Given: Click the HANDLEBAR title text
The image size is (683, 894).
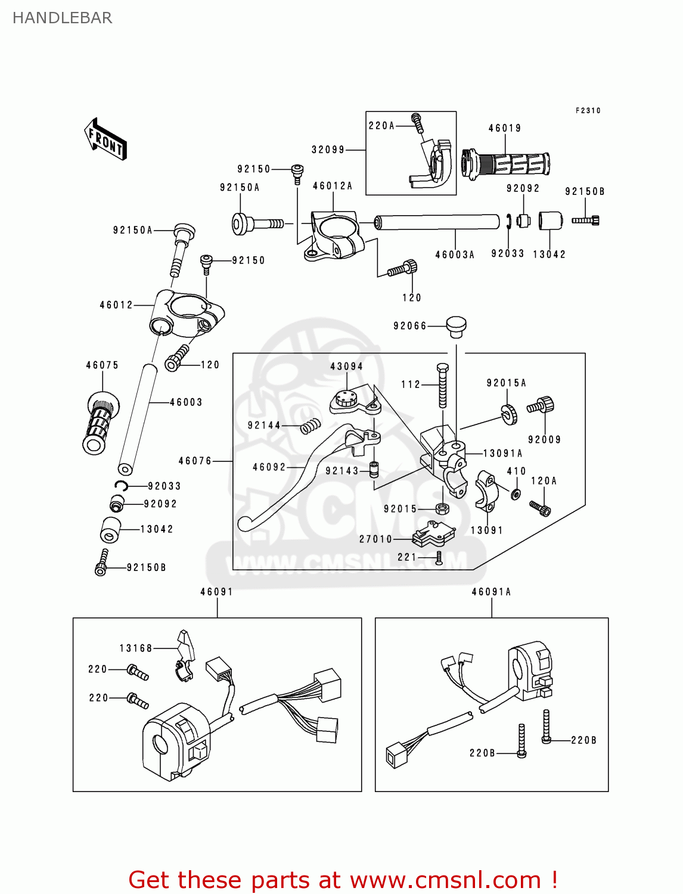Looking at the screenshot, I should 62,18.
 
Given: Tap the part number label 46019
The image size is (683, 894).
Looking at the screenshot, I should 505,128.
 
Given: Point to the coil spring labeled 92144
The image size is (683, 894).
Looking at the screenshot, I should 310,426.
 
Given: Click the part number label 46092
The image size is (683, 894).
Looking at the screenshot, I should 269,467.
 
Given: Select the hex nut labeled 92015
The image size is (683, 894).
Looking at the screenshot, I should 442,508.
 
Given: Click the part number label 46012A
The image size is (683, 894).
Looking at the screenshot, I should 333,186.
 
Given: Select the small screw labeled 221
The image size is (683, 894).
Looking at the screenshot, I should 439,558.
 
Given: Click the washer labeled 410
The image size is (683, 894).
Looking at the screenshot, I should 516,493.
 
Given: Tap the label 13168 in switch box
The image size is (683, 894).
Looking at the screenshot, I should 136,648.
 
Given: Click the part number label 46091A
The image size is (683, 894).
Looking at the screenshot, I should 491,592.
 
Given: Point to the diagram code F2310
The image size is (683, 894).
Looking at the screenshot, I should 588,110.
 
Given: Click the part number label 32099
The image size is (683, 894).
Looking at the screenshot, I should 328,150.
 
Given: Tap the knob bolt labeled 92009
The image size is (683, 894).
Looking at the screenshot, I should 541,406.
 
